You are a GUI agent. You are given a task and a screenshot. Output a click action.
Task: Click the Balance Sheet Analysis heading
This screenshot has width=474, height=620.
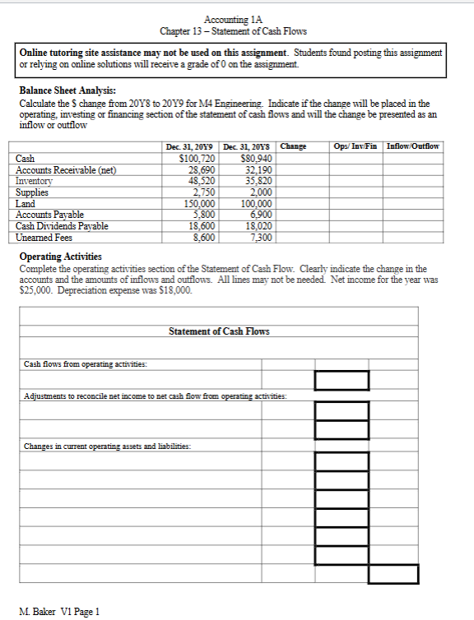coord(67,91)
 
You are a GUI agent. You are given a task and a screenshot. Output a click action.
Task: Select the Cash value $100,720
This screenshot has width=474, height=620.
coord(197,159)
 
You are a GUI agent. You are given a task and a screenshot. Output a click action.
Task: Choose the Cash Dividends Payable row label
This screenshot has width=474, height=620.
coord(63,225)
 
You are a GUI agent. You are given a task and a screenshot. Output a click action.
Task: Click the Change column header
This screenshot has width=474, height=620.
coord(293,146)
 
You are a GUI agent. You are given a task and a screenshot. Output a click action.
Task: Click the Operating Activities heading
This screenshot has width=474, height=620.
coord(60,257)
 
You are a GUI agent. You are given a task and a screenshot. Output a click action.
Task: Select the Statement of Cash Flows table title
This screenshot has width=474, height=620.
coord(219,332)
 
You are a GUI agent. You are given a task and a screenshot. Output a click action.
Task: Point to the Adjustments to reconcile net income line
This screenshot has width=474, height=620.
coord(155,396)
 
